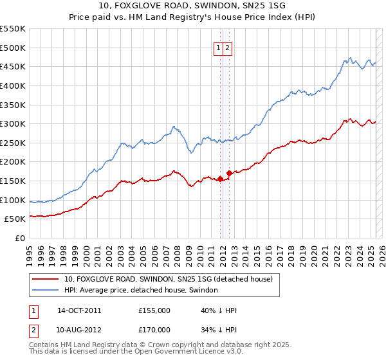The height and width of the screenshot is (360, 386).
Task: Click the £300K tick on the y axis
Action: point(14,123)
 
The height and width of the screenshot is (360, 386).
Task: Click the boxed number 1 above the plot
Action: point(219,48)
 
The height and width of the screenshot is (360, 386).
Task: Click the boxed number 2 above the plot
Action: point(228,48)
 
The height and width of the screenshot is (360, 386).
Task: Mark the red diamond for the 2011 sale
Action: point(220,179)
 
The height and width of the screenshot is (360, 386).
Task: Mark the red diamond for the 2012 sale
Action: point(229,174)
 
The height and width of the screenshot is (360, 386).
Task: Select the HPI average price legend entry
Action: point(141,290)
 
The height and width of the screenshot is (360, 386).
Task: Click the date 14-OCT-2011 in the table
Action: point(79,310)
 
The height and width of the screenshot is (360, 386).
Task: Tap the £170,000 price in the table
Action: point(154,330)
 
